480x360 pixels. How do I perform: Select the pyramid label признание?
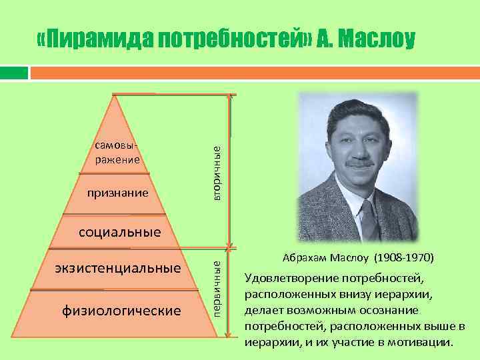(x=118, y=194)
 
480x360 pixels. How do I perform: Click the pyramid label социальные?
(x=120, y=233)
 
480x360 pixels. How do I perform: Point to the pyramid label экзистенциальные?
(x=118, y=269)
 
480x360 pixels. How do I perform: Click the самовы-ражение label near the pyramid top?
(x=117, y=153)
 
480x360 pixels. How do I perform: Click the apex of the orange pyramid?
(x=117, y=95)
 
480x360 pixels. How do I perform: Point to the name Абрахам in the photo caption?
(x=303, y=257)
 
